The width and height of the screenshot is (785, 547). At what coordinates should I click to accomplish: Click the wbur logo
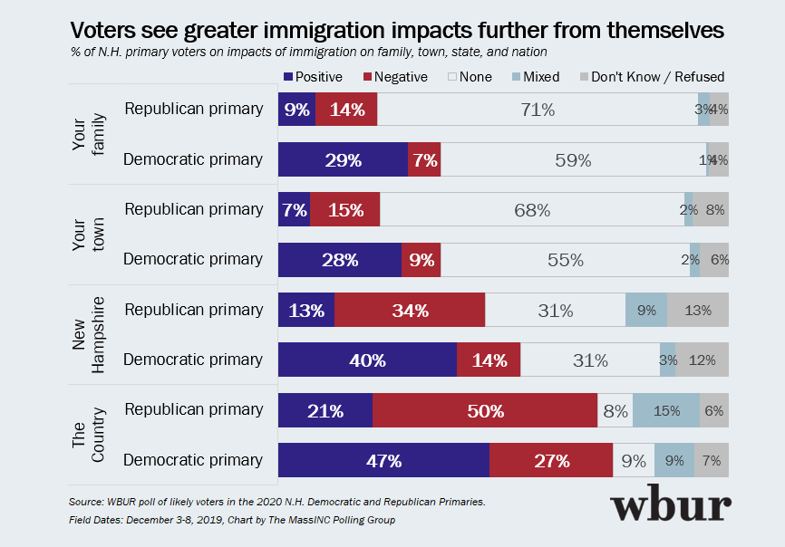pos(670,507)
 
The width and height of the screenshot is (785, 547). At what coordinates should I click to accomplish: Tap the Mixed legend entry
pos(536,77)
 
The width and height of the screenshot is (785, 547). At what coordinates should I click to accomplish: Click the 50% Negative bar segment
pos(485,410)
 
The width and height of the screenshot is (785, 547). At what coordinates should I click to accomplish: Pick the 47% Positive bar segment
pos(383,460)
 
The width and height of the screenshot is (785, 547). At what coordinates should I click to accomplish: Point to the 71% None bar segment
pos(538,110)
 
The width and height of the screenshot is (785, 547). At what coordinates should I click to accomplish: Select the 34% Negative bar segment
pos(410,311)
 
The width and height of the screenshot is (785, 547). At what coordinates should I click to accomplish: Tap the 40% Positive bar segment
pos(367,360)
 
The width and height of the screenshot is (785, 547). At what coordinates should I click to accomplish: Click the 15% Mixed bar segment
pos(666,410)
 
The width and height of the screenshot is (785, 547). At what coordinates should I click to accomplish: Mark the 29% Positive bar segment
pos(343,160)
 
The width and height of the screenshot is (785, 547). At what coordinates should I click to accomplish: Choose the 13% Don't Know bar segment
pos(697,311)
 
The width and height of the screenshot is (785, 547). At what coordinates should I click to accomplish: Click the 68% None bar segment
pos(532,210)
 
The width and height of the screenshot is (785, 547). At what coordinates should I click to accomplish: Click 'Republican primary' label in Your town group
pos(193,209)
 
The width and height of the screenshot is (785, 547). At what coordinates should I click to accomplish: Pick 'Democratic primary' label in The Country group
pos(193,460)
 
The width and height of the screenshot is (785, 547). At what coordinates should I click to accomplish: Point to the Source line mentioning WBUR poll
pos(277,501)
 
